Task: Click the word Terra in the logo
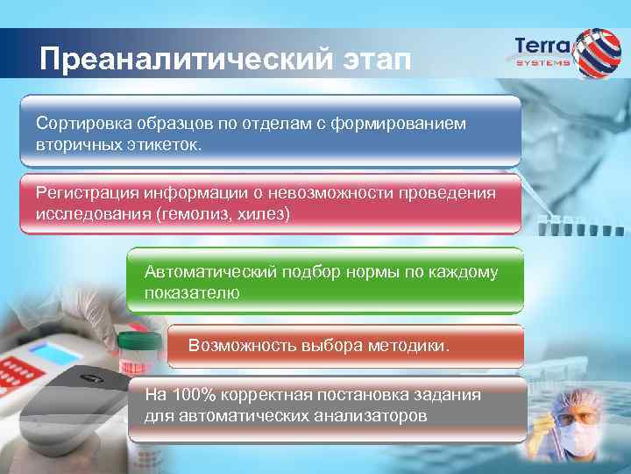pos(542,44)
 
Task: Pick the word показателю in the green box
pos(192,292)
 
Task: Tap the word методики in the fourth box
pos(408,346)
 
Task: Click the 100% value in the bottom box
pos(188,395)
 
